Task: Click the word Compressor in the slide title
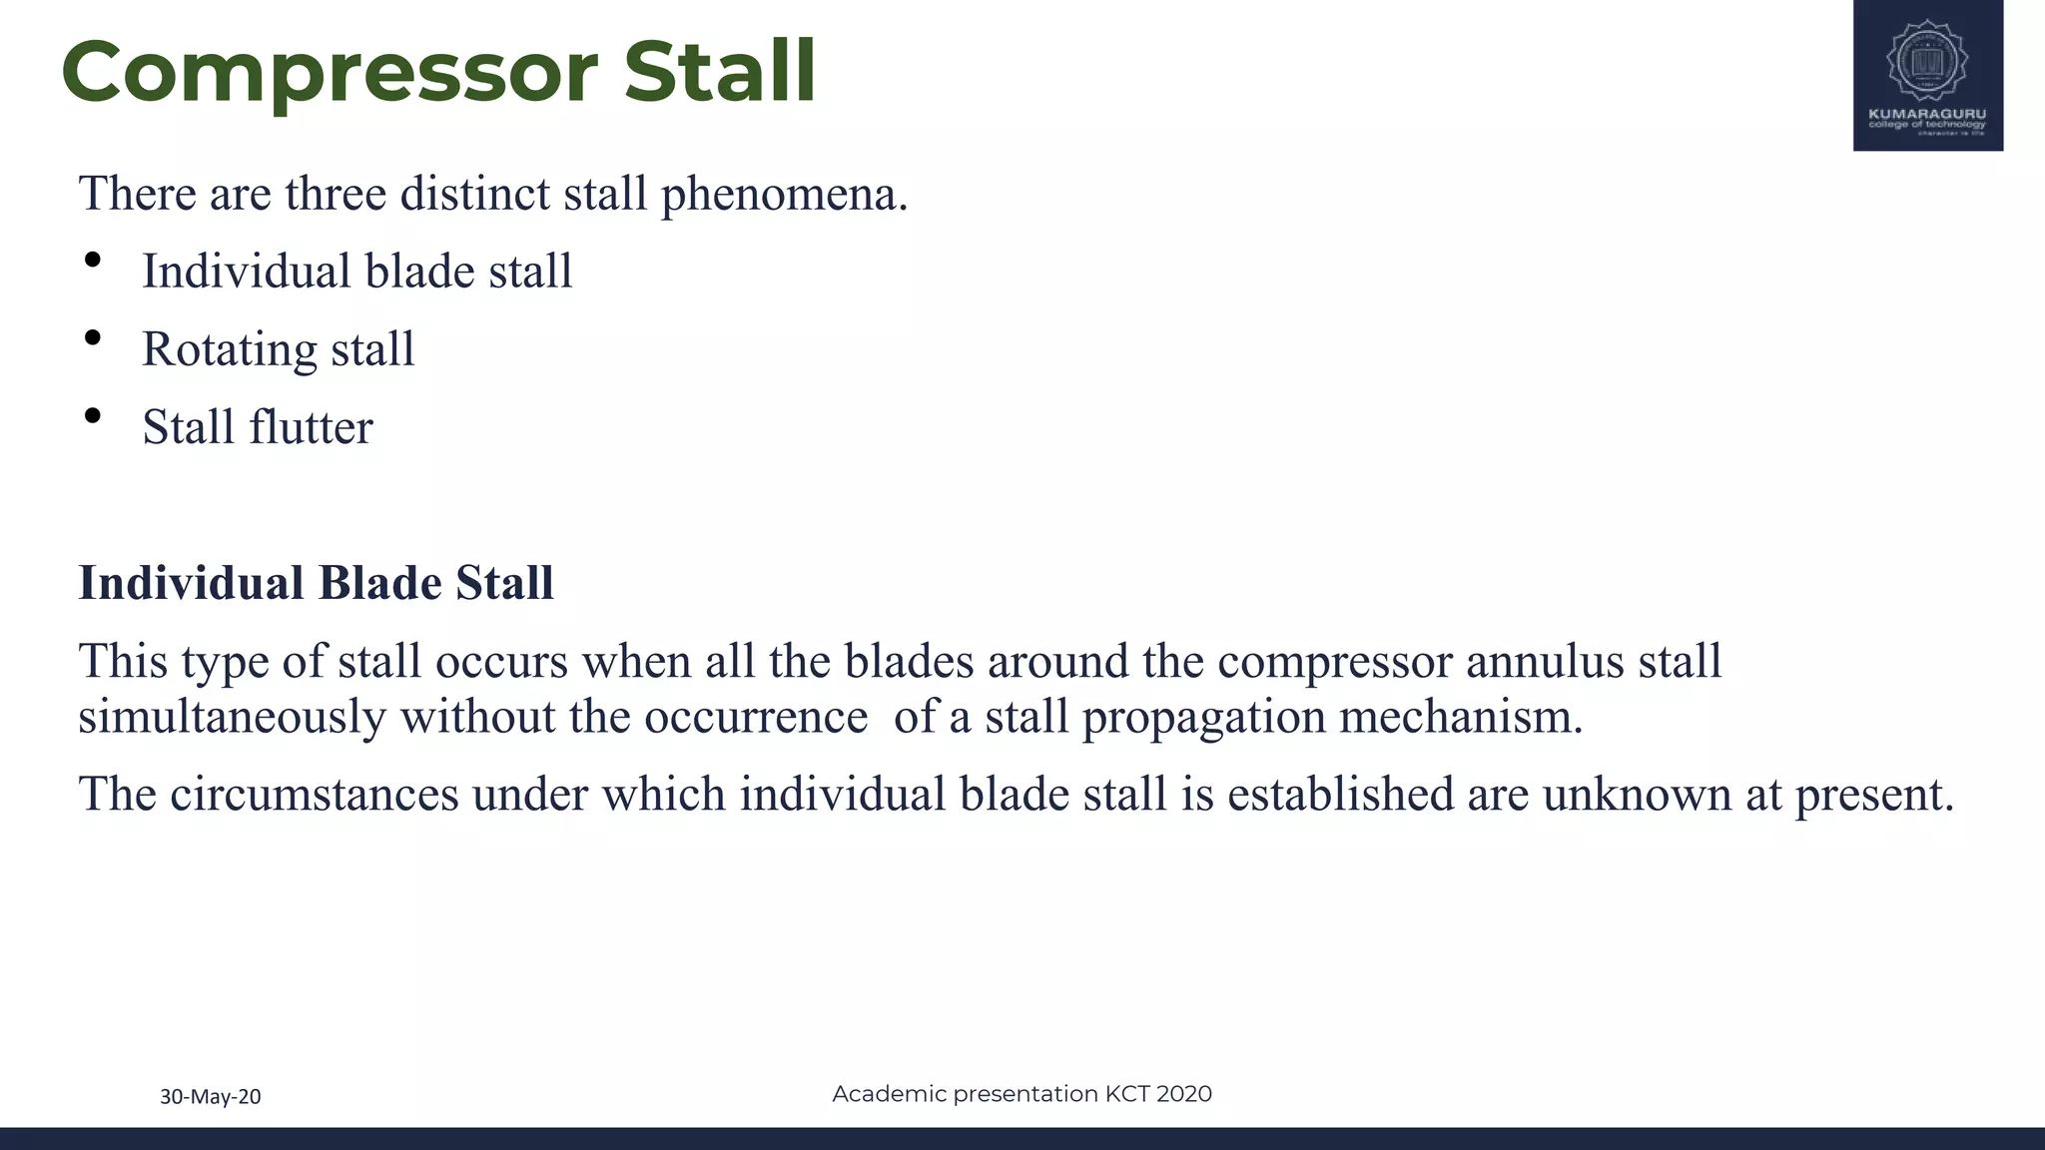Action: (330, 72)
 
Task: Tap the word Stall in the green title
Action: (720, 72)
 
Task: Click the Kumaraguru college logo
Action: (1927, 75)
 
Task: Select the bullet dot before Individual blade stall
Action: (93, 261)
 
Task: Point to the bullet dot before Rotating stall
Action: (93, 338)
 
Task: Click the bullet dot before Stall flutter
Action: (93, 416)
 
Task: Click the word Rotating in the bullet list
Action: (229, 349)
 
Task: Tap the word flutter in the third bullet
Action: (311, 427)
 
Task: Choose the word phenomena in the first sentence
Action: (784, 194)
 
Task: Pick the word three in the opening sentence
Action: (335, 194)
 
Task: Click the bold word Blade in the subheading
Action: (379, 583)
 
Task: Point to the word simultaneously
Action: (232, 717)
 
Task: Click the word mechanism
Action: (1460, 717)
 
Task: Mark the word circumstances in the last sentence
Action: (314, 795)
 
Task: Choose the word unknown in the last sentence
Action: (1637, 795)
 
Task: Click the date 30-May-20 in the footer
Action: (211, 1096)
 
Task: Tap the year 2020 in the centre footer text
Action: (1183, 1094)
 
